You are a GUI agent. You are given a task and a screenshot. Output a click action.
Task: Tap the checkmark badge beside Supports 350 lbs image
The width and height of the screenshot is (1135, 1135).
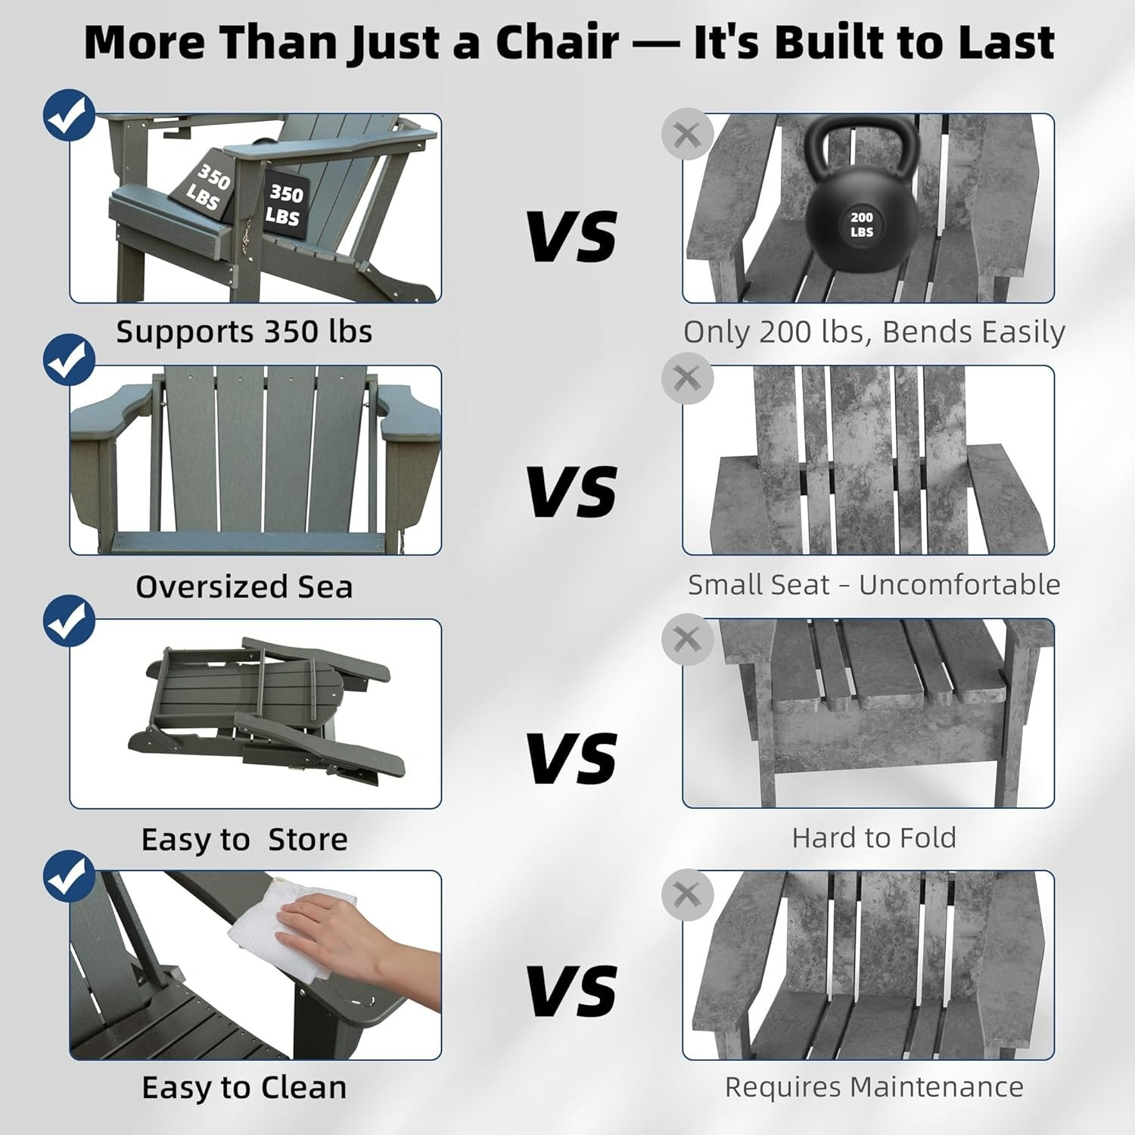pyautogui.click(x=69, y=116)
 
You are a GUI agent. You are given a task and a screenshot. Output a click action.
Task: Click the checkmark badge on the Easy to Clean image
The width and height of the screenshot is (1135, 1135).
pyautogui.click(x=69, y=875)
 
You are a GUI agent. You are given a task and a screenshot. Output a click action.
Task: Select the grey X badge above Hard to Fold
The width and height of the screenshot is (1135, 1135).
pyautogui.click(x=687, y=639)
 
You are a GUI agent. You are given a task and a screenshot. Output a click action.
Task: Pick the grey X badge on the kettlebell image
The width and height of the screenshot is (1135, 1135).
pyautogui.click(x=687, y=135)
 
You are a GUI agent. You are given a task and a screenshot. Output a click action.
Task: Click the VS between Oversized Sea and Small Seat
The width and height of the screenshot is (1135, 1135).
pyautogui.click(x=573, y=491)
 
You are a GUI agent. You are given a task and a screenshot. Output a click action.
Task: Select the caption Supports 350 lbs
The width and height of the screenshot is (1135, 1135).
pyautogui.click(x=244, y=332)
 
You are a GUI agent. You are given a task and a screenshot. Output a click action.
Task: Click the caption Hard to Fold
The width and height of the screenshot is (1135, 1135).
pyautogui.click(x=874, y=838)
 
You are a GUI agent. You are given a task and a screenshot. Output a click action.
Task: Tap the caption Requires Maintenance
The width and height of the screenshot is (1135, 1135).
pyautogui.click(x=874, y=1087)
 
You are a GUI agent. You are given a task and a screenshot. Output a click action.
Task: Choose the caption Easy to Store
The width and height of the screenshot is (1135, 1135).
pyautogui.click(x=244, y=839)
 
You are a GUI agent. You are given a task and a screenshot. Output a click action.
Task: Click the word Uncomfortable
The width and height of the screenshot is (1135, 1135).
pyautogui.click(x=959, y=584)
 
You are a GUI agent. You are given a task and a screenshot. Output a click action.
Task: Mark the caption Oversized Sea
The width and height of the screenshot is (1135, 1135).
pyautogui.click(x=244, y=586)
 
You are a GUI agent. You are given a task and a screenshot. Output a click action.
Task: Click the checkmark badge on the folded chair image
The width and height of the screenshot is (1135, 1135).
pyautogui.click(x=69, y=621)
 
